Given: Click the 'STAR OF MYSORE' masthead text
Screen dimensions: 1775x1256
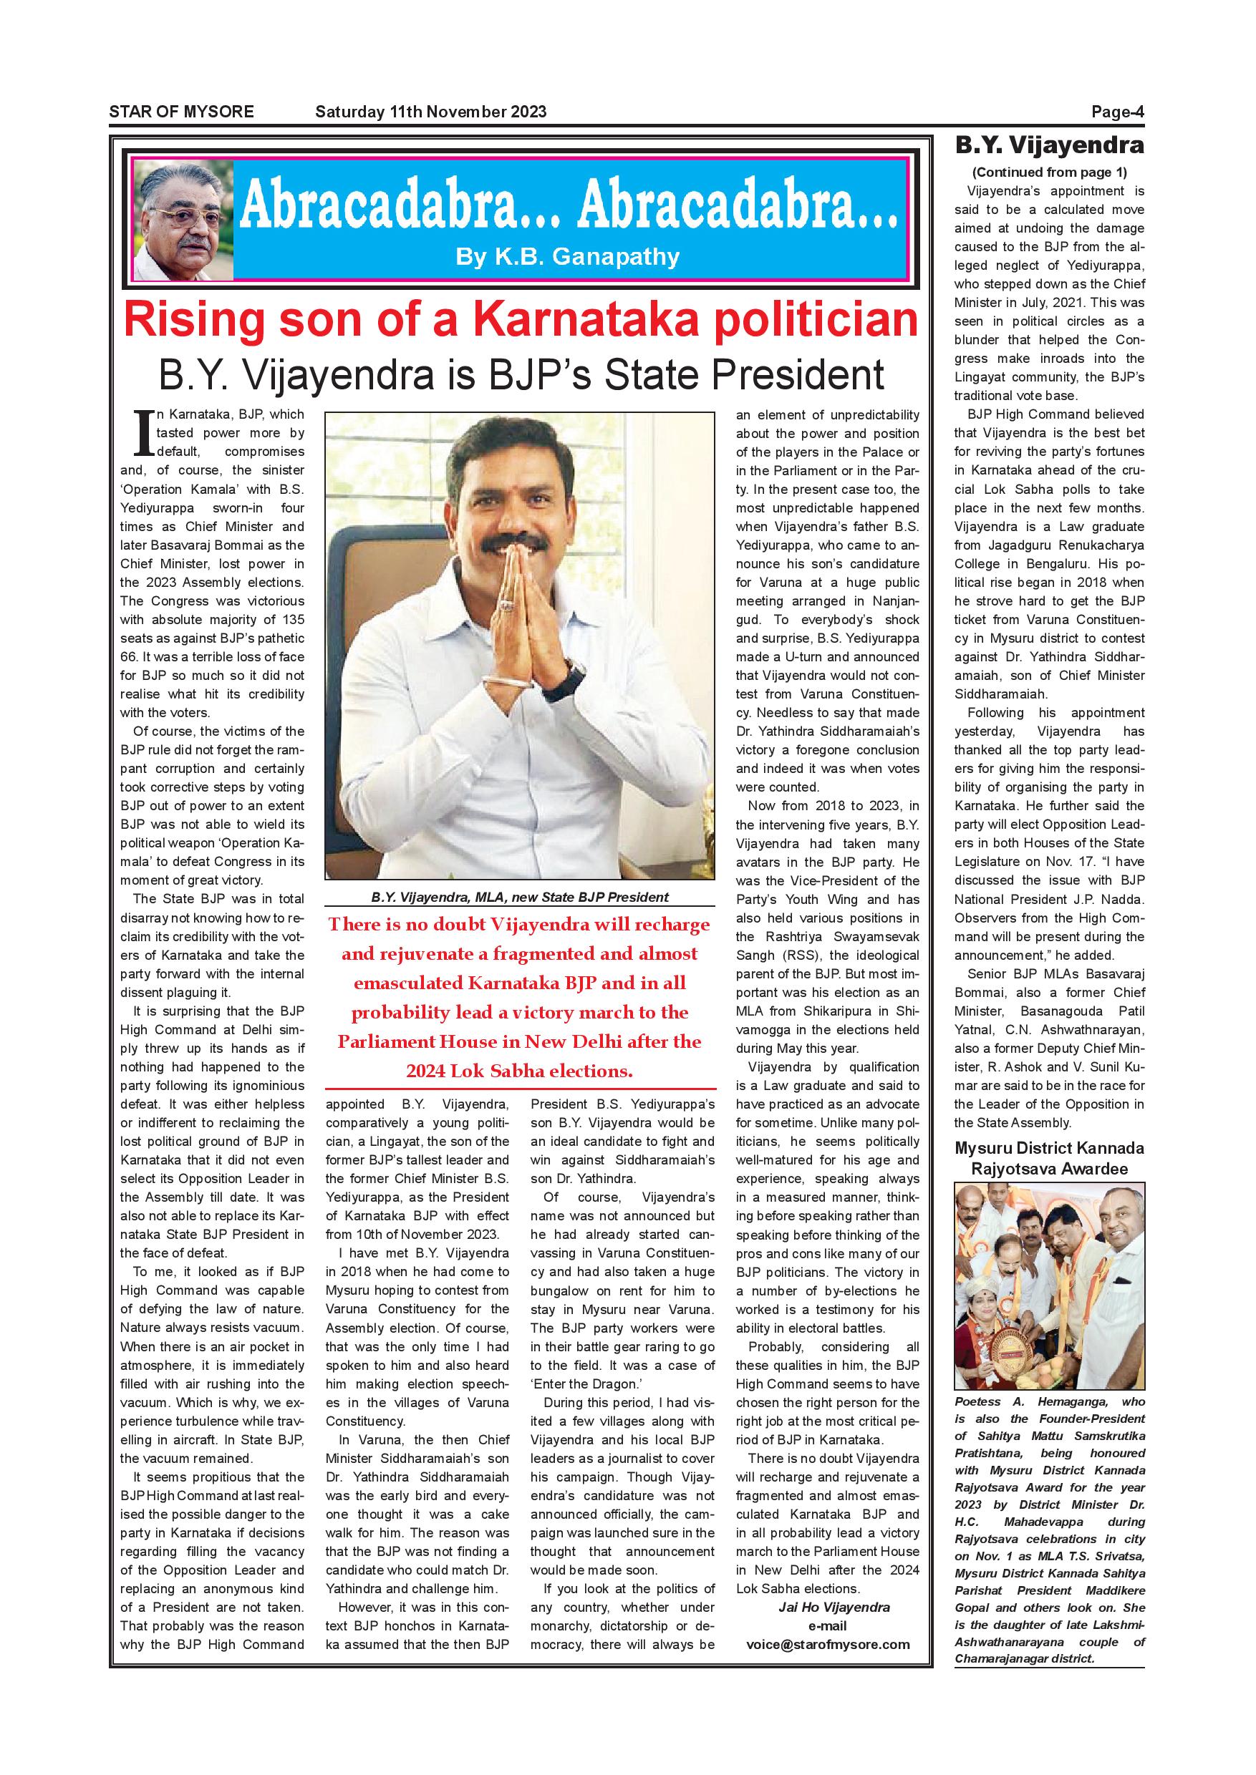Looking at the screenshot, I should click(181, 112).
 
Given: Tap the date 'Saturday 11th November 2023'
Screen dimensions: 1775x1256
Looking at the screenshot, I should click(430, 112).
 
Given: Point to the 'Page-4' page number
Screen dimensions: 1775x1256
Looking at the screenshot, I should click(1117, 112).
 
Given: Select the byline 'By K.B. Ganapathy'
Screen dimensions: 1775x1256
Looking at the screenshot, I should click(567, 257).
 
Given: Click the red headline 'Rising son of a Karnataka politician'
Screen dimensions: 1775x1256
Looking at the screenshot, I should click(521, 320).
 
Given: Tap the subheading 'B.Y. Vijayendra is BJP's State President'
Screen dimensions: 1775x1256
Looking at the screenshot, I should click(521, 374).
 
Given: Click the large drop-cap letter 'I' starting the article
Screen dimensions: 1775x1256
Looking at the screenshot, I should click(142, 433).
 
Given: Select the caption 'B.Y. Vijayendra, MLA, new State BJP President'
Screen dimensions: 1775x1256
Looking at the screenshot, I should click(520, 898).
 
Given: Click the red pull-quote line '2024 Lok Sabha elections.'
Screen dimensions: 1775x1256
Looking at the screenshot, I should click(520, 1071).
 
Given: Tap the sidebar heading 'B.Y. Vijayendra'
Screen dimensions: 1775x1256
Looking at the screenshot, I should click(1050, 145).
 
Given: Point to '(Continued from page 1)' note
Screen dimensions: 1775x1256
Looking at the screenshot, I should click(1050, 172).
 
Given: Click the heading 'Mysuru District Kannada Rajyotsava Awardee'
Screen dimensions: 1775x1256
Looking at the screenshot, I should click(1050, 1158).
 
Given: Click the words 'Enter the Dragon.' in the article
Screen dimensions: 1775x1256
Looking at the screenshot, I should click(586, 1383).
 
